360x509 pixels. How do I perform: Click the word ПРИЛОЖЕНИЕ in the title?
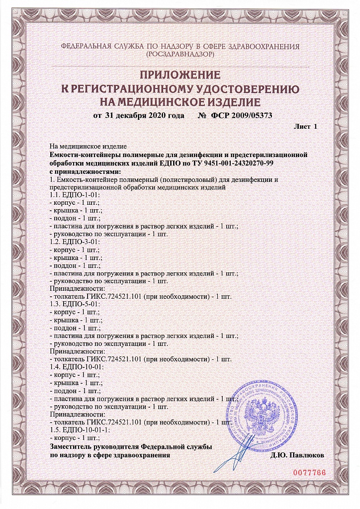point(180,76)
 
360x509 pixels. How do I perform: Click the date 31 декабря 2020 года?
point(139,115)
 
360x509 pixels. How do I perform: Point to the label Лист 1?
point(306,127)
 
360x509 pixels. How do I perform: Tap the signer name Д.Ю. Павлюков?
point(297,455)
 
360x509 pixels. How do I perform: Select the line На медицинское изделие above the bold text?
point(89,147)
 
